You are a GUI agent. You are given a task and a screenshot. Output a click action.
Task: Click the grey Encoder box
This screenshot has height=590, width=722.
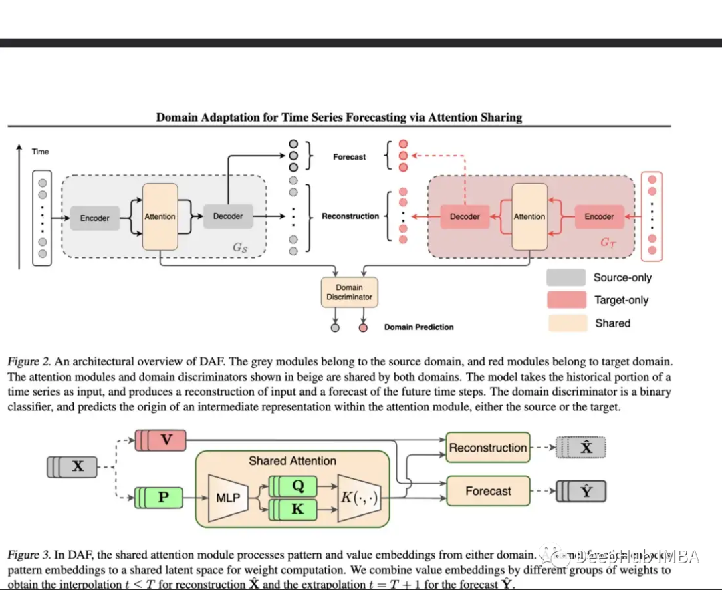coord(94,218)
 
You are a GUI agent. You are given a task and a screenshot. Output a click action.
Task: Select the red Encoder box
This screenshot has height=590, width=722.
coord(599,216)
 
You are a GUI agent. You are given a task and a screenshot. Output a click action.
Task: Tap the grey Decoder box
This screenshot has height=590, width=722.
coord(228,216)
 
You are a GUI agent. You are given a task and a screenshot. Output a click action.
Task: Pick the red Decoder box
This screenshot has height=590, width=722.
coord(465,216)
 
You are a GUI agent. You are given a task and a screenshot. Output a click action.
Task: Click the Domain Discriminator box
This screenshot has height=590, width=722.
coord(349,292)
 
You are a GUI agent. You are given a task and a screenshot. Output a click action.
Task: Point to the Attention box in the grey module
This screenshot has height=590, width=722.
coord(160,216)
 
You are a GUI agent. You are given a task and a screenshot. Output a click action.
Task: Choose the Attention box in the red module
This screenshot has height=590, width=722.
coord(529,216)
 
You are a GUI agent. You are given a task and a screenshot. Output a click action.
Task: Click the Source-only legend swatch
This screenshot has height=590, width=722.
coord(566,278)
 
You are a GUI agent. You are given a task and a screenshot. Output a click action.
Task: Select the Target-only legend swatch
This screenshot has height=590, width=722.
coord(566,300)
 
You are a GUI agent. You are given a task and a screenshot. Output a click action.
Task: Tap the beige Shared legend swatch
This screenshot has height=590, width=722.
coord(566,323)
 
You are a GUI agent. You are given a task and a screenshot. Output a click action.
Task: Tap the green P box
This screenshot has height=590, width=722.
coord(164,498)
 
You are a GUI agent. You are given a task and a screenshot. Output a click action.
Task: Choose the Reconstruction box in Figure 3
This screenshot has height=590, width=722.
coord(488,448)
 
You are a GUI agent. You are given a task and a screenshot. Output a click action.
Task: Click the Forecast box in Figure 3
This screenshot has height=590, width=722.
coord(488,491)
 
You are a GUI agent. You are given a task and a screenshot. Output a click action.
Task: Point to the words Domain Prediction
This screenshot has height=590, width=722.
coord(418,327)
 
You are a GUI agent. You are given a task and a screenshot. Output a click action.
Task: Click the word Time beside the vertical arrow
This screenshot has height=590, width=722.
coord(41,152)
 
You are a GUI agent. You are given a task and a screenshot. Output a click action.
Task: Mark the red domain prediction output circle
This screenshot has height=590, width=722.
coord(363,327)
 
